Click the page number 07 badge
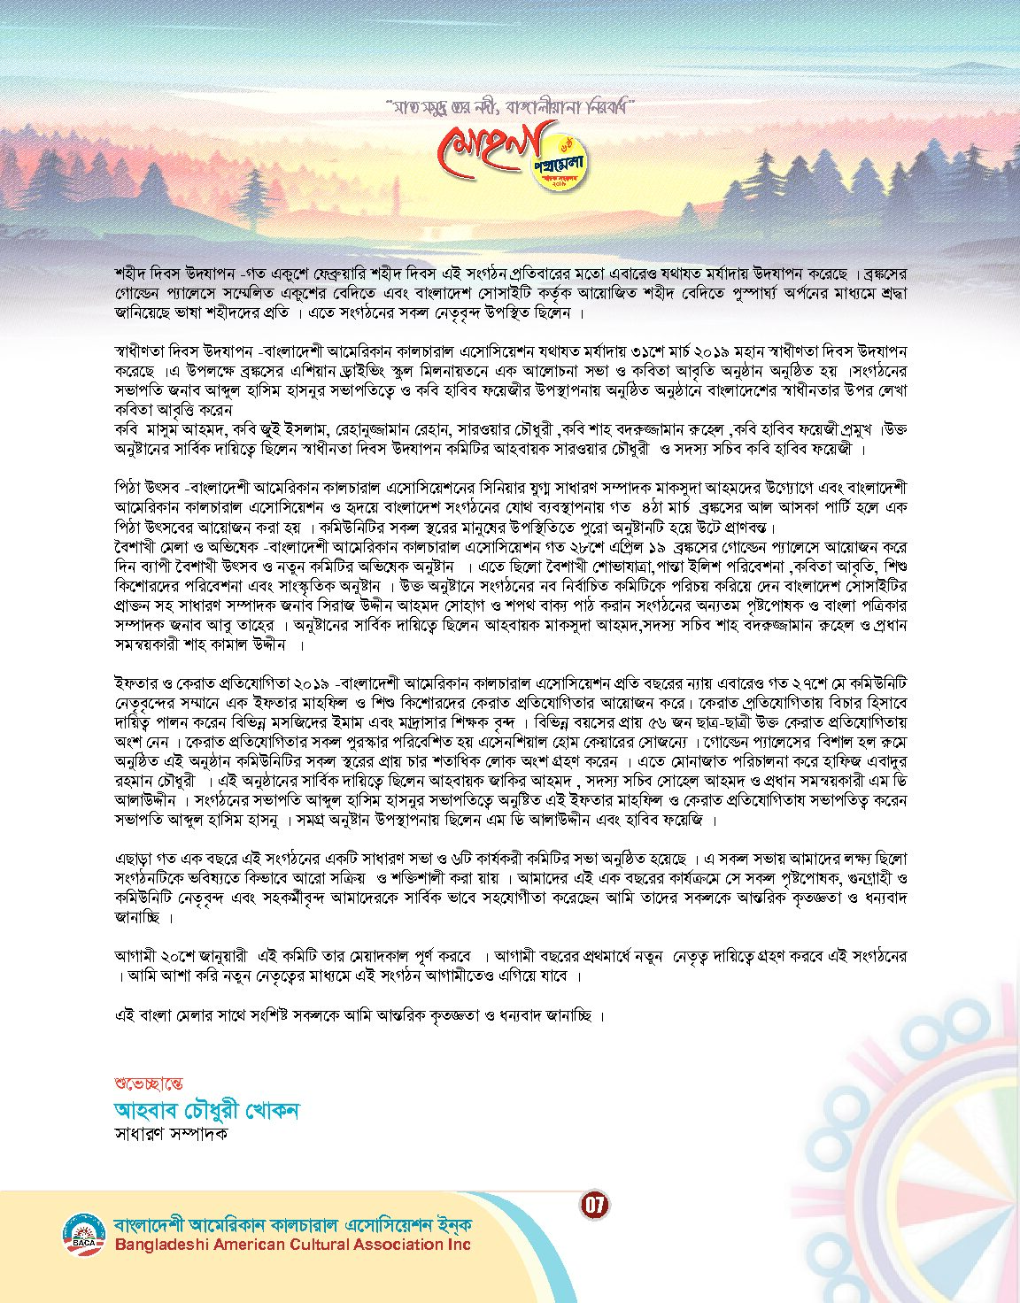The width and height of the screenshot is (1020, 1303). click(x=595, y=1204)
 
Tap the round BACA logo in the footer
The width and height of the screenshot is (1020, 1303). click(x=83, y=1234)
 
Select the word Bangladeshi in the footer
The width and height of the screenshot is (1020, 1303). click(x=166, y=1245)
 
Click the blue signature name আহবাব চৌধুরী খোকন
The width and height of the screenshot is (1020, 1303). click(x=207, y=1110)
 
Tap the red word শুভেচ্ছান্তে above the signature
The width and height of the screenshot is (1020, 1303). click(x=149, y=1083)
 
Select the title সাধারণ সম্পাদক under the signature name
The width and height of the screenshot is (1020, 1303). click(x=171, y=1133)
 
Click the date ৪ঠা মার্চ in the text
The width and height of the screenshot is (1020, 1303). click(x=662, y=507)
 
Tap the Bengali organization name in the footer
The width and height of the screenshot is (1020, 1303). click(x=292, y=1225)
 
